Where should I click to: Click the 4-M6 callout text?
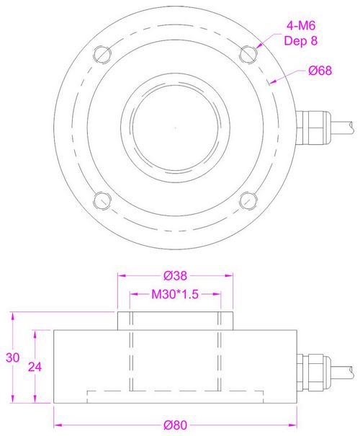[301, 25]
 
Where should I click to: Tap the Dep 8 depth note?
[300, 40]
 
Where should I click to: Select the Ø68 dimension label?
[320, 71]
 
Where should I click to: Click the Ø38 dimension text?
[175, 275]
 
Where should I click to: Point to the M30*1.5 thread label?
[175, 294]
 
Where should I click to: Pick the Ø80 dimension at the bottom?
[175, 425]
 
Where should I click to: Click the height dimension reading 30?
[13, 357]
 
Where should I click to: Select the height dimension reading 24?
[35, 367]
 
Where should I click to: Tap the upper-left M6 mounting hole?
[102, 55]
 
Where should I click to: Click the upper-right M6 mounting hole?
[248, 55]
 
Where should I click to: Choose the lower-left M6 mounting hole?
[102, 200]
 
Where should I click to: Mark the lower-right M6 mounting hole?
[248, 200]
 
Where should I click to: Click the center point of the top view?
[175, 128]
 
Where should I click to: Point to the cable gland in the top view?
[314, 128]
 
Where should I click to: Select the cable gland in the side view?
[313, 373]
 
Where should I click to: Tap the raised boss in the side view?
[175, 321]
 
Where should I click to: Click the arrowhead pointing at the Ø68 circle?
[274, 81]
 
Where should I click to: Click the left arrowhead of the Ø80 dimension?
[58, 425]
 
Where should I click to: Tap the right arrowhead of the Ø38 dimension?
[229, 275]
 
